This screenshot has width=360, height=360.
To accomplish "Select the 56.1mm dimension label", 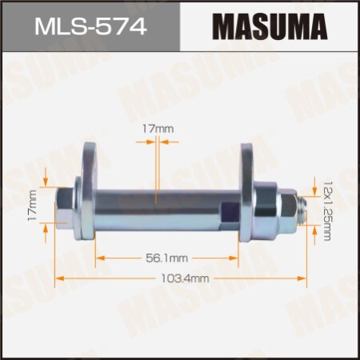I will (166, 258).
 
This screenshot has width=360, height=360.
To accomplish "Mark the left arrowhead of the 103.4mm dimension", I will (58, 278).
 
